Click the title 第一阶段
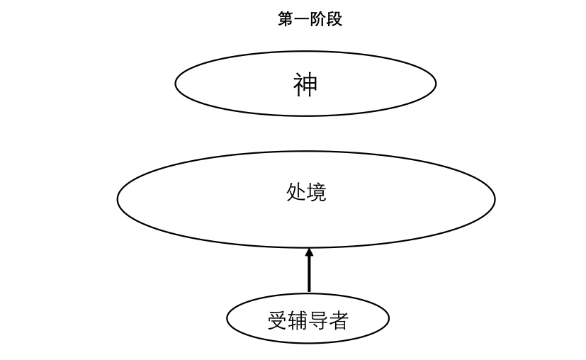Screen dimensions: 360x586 point(310,20)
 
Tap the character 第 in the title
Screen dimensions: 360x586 point(286,20)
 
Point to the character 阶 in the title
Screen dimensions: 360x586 point(318,20)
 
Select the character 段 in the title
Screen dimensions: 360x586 point(334,20)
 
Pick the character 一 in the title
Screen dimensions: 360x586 point(302,20)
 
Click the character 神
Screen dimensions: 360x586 point(305,85)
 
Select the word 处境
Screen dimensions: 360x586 point(306,192)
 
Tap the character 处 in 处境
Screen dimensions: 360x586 point(296,192)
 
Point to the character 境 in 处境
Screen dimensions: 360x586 point(316,192)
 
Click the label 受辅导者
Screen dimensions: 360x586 point(308,321)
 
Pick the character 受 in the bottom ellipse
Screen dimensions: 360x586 point(277,321)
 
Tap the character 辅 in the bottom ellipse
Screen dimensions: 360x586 point(298,321)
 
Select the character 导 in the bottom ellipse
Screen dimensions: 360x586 point(318,321)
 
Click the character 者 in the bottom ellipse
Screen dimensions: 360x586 point(339,321)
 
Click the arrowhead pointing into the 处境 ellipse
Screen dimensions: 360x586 point(309,252)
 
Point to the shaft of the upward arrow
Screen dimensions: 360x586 point(309,273)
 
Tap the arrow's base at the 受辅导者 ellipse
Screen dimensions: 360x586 point(309,290)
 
